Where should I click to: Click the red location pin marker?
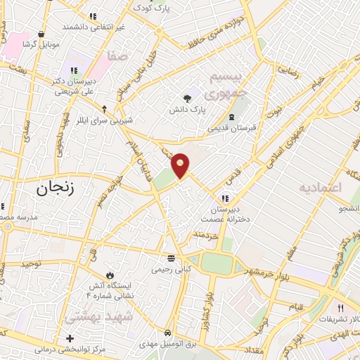(181, 165)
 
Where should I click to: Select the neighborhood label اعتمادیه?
(324, 188)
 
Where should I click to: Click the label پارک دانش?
(187, 110)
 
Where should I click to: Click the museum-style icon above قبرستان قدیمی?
(232, 117)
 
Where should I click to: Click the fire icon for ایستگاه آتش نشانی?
(109, 274)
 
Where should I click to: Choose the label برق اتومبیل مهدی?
(167, 343)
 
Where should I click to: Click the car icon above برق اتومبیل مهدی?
(167, 332)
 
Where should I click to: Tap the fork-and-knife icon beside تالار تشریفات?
(341, 307)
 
